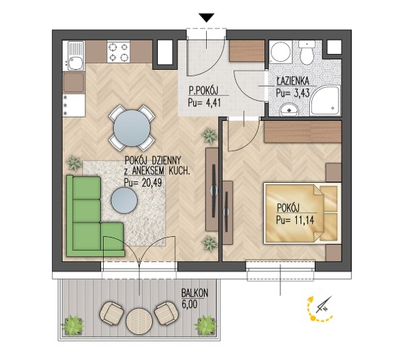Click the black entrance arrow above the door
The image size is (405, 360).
tap(207, 17)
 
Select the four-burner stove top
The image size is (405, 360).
tap(119, 52)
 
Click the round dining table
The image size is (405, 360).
tap(132, 128)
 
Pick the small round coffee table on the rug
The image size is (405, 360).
tap(124, 200)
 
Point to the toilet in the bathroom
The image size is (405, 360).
tap(306, 53)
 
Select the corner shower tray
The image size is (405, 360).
tap(326, 101)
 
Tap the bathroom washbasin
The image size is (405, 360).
tap(289, 110)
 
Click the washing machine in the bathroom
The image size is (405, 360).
tap(280, 52)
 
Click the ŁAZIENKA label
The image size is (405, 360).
tap(293, 81)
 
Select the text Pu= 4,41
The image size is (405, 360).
tap(205, 103)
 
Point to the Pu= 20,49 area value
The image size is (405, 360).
tap(143, 182)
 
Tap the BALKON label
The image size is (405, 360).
tap(195, 293)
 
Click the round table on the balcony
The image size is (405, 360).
tap(138, 321)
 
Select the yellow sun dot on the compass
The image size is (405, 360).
tap(313, 318)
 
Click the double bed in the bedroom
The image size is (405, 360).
tap(302, 213)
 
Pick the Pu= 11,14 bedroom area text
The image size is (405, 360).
tap(295, 220)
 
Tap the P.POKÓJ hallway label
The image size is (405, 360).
tap(203, 91)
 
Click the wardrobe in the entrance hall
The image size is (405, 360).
tap(247, 51)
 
